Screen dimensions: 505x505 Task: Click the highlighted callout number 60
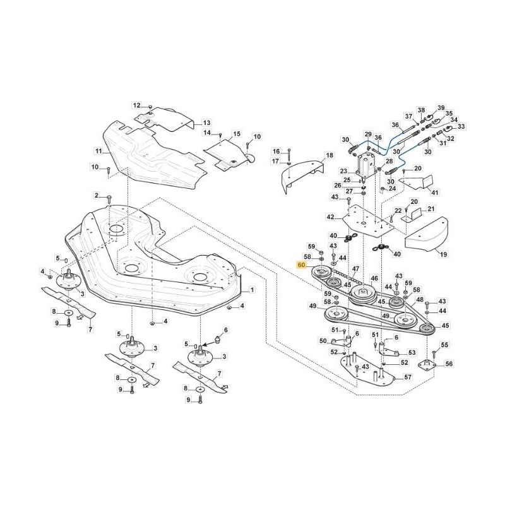pyautogui.click(x=302, y=267)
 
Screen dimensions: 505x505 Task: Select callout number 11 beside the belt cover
pyautogui.click(x=98, y=151)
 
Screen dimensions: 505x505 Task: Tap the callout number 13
pyautogui.click(x=206, y=122)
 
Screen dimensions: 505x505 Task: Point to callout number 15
pyautogui.click(x=237, y=134)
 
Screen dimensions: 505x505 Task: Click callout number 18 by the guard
pyautogui.click(x=329, y=155)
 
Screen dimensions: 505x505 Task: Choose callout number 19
pyautogui.click(x=443, y=255)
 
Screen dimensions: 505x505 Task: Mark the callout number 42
pyautogui.click(x=330, y=217)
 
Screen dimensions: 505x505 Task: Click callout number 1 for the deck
pyautogui.click(x=252, y=290)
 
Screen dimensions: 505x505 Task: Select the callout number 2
pyautogui.click(x=97, y=195)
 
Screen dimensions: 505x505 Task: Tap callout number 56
pyautogui.click(x=449, y=364)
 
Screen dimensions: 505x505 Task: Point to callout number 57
pyautogui.click(x=408, y=377)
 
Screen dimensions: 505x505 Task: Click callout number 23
pyautogui.click(x=343, y=172)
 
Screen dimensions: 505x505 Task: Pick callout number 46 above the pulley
pyautogui.click(x=374, y=278)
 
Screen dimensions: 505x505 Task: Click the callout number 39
pyautogui.click(x=441, y=108)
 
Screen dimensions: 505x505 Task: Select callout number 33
pyautogui.click(x=461, y=127)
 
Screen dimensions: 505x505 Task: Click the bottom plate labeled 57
pyautogui.click(x=366, y=372)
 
